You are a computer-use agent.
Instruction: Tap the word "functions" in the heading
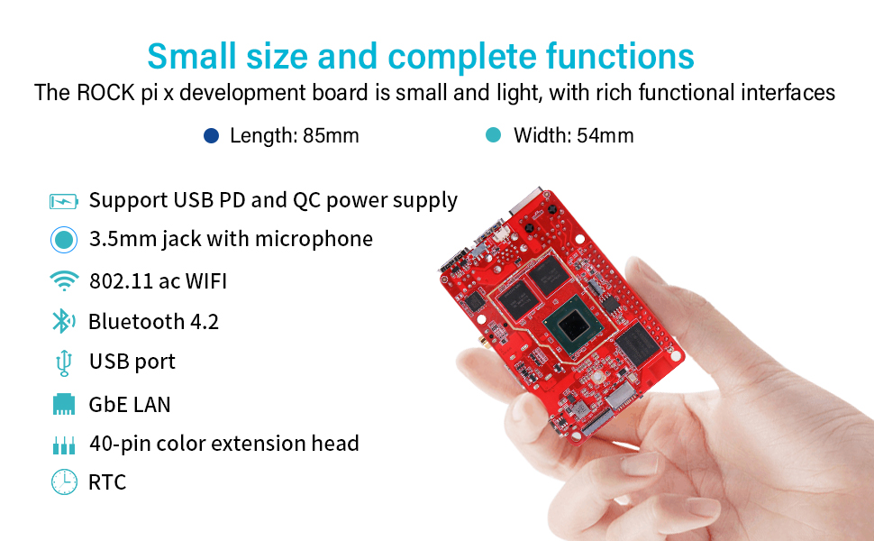click(620, 56)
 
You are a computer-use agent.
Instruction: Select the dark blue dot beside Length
click(211, 136)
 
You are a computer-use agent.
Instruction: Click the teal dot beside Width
click(493, 136)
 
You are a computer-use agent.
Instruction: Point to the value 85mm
click(331, 136)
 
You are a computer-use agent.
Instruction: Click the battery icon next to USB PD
click(64, 200)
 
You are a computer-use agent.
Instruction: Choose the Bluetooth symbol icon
click(62, 322)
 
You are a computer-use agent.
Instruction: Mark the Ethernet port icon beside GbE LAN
click(63, 404)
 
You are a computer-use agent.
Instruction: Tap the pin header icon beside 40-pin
click(63, 445)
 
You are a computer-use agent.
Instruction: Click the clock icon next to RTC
click(63, 482)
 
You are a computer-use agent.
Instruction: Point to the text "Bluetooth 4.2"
click(153, 322)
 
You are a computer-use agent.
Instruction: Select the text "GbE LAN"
click(130, 404)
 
